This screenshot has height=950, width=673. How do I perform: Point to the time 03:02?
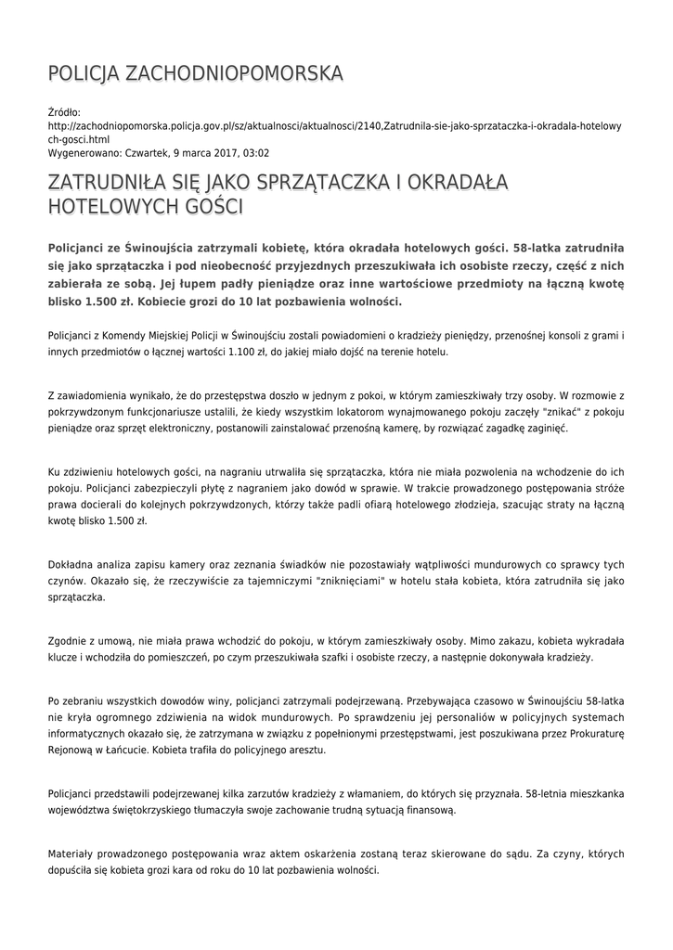tap(257, 152)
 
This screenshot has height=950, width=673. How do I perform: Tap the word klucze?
tap(62, 657)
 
